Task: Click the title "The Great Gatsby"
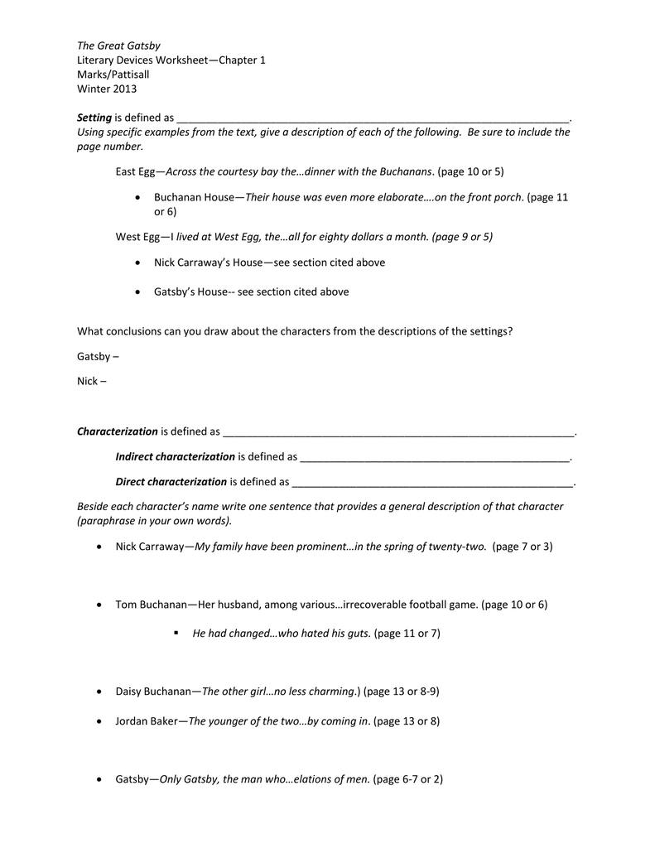[x=118, y=46]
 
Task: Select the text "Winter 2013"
[x=107, y=89]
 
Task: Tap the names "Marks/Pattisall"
[x=113, y=75]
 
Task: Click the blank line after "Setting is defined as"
[x=373, y=118]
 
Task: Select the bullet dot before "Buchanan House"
[x=137, y=198]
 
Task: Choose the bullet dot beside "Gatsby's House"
[x=137, y=291]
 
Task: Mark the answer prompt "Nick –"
[x=92, y=382]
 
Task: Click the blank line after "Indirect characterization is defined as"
[x=435, y=457]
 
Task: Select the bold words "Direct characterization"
[x=171, y=481]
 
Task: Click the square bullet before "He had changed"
[x=176, y=633]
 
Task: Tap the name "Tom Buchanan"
[x=152, y=605]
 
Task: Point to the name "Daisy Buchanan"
[x=154, y=691]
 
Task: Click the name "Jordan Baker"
[x=147, y=721]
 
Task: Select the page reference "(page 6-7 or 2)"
[x=408, y=779]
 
